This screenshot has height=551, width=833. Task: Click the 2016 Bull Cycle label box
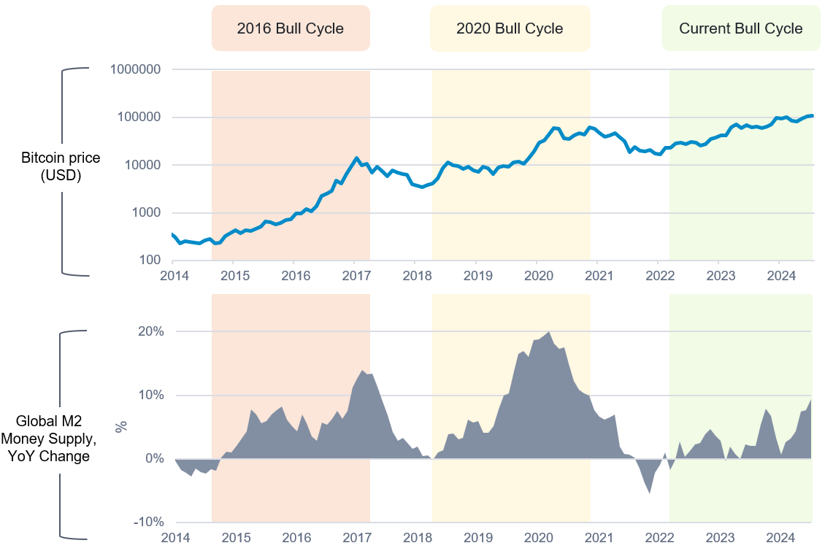tap(291, 28)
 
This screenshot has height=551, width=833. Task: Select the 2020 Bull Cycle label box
tap(510, 28)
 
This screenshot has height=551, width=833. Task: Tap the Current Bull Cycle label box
tap(740, 28)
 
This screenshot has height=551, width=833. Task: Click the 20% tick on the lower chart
tap(150, 331)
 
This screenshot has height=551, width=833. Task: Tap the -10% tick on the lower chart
tap(148, 522)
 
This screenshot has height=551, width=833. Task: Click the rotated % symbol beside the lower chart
tap(121, 426)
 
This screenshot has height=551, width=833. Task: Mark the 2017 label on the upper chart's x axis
tap(354, 276)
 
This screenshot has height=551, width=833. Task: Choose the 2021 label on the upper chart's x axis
tap(596, 276)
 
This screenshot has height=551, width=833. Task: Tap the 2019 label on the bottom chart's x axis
tap(475, 538)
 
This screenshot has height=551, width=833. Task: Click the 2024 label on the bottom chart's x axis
tap(779, 538)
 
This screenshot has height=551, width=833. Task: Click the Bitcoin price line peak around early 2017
tap(356, 158)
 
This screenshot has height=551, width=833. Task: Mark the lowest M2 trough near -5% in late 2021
tap(650, 493)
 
